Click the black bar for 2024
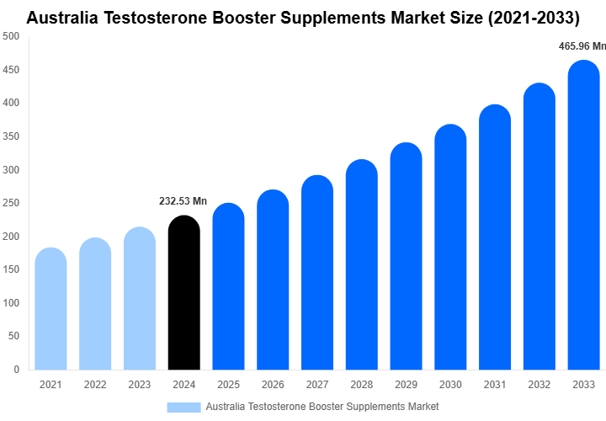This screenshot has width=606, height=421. coord(184,295)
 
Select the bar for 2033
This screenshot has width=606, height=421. coord(583,219)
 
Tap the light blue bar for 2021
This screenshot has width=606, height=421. coord(50,312)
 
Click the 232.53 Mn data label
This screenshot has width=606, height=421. coord(183,201)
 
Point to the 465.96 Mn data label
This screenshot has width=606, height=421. coord(582,46)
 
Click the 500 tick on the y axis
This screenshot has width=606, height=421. coord(12,36)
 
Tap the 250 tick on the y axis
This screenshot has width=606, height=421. coord(12,203)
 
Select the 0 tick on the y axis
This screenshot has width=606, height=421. coord(17,369)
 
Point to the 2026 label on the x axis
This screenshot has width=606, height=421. coord(273,385)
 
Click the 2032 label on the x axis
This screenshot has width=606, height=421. coord(539,385)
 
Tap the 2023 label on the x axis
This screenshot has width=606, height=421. coord(140,385)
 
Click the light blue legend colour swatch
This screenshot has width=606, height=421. coord(183,407)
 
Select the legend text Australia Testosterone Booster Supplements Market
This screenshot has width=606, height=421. coord(322,407)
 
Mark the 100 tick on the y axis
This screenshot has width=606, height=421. coord(12,302)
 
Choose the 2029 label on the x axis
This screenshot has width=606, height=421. coord(406,385)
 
